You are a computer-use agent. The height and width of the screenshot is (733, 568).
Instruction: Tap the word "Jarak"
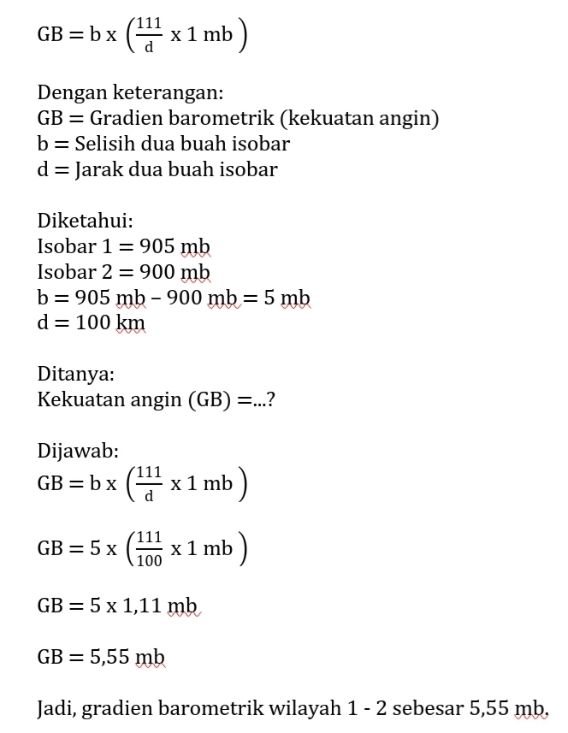pyautogui.click(x=98, y=169)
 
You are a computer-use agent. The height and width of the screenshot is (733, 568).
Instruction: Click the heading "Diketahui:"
pyautogui.click(x=85, y=221)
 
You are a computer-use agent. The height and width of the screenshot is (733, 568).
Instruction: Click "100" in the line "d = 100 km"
pyautogui.click(x=92, y=323)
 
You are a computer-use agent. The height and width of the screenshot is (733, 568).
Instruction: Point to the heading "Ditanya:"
pyautogui.click(x=76, y=374)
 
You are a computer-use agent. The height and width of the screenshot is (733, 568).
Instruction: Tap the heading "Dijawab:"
pyautogui.click(x=78, y=450)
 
